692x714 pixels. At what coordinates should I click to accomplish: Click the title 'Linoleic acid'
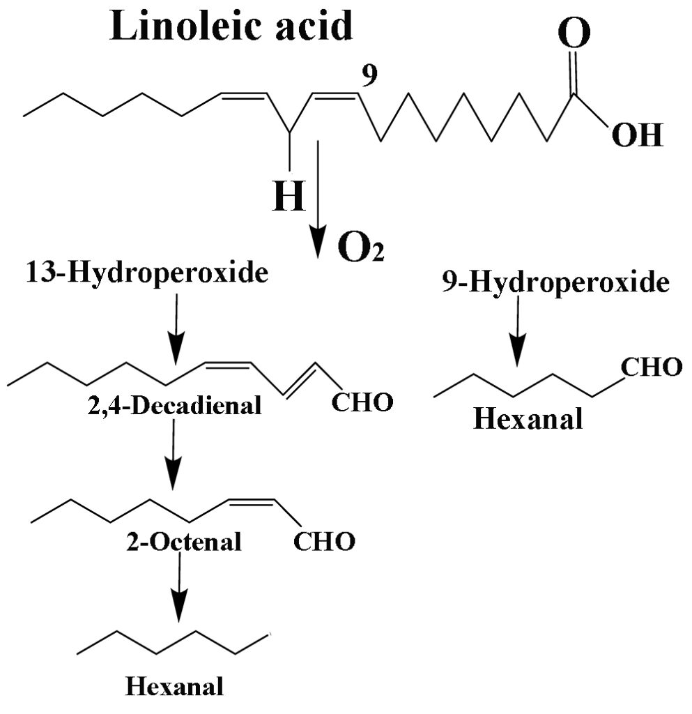pos(231,27)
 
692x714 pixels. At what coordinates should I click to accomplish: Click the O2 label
pos(361,247)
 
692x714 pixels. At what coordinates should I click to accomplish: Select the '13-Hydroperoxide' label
pos(146,273)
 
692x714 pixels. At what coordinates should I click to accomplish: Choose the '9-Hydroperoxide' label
pos(555,282)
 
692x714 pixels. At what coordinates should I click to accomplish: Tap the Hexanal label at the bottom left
pos(175,687)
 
